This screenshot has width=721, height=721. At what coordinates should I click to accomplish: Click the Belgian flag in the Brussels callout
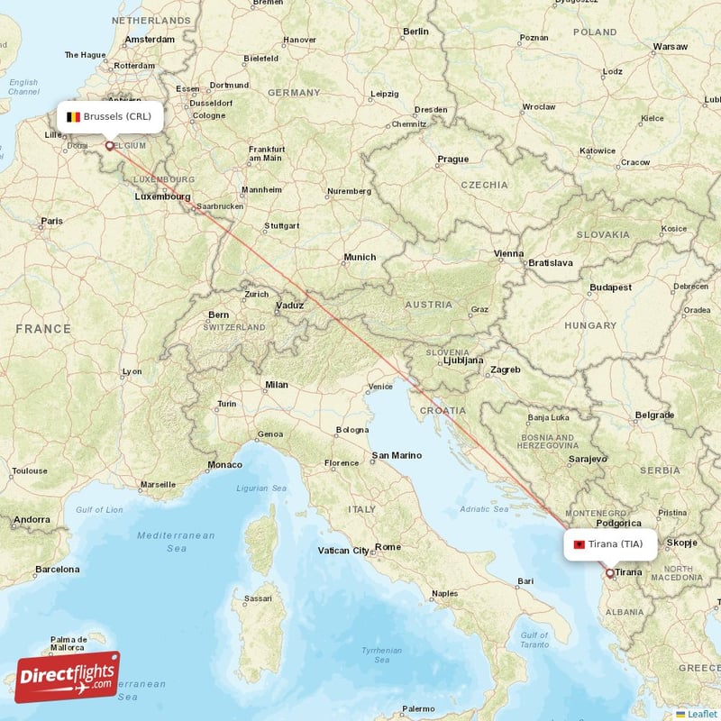73,117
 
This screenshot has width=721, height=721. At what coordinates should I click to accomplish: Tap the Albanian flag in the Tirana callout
577,544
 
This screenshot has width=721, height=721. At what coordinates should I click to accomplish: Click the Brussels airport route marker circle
110,144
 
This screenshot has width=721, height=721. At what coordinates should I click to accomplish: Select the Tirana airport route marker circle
610,573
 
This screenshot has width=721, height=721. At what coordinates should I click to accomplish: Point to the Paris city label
51,221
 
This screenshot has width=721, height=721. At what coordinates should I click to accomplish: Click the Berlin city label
415,31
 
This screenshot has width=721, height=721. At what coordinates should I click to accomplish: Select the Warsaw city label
670,46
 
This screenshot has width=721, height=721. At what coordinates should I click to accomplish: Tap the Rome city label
388,547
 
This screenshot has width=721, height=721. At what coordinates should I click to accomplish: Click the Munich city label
360,258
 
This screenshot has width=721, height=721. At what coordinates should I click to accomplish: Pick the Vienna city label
508,253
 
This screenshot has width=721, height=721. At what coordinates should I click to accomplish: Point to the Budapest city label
611,287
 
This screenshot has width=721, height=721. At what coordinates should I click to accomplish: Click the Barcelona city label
57,570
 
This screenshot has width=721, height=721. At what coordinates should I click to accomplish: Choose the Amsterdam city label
151,40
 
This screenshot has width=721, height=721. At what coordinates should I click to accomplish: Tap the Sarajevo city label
588,459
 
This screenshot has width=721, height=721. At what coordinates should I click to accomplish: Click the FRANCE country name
42,329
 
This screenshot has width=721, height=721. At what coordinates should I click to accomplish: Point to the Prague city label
452,160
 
